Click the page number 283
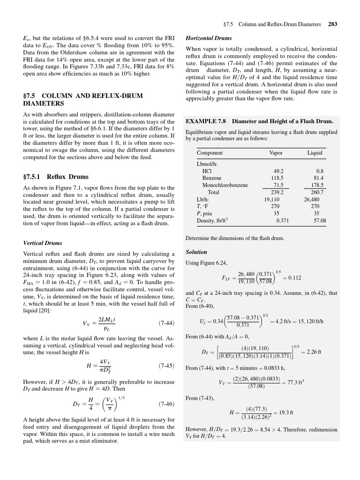point(333,24)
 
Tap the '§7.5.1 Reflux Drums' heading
point(56,177)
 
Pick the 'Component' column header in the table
point(210,153)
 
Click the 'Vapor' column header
point(276,153)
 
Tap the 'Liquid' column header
point(315,153)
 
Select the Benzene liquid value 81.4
point(318,178)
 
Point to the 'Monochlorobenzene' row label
point(225,185)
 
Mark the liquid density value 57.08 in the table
point(319,220)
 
